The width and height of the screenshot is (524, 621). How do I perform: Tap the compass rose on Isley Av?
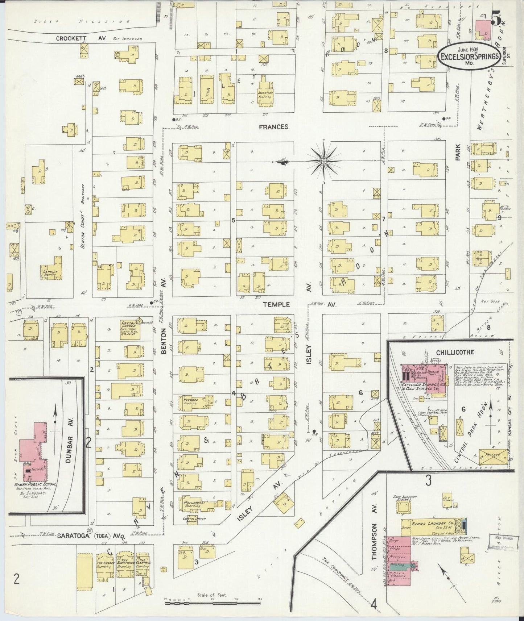coord(324,160)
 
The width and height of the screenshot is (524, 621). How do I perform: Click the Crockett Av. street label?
coord(81,38)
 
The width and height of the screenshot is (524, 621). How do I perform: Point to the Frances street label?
coord(274,127)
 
